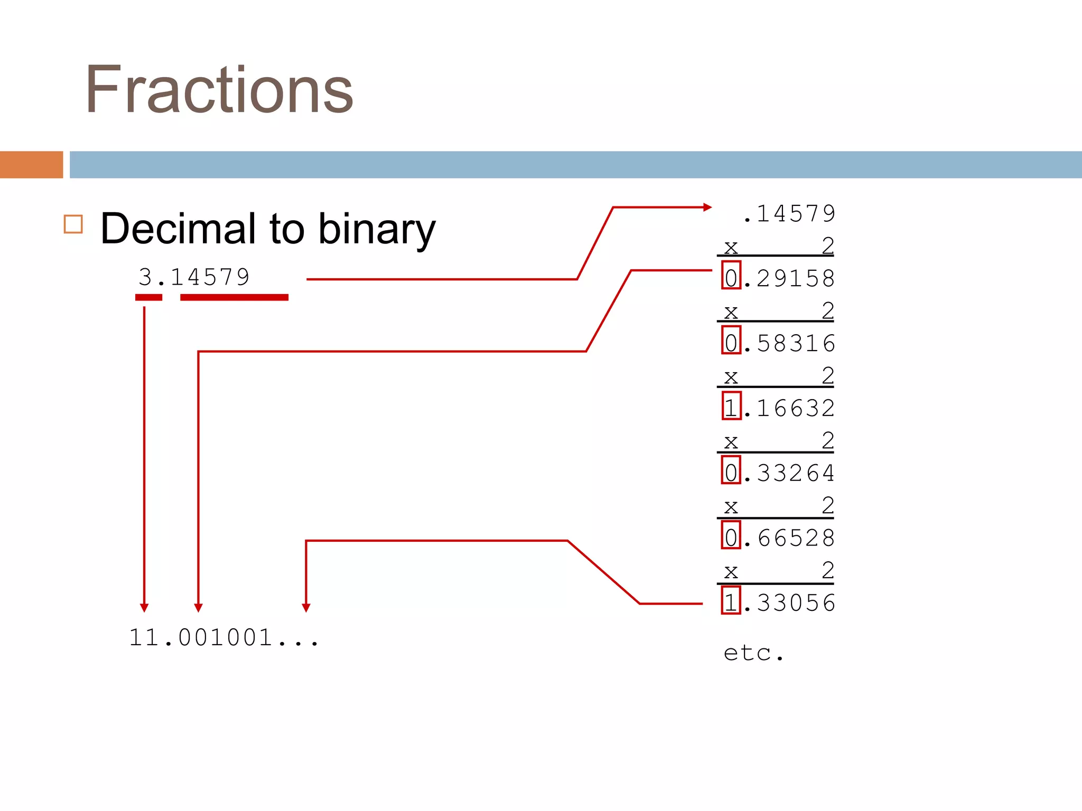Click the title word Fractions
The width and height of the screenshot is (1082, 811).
(219, 90)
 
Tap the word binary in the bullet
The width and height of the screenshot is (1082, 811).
(377, 230)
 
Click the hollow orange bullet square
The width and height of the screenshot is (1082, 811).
(73, 224)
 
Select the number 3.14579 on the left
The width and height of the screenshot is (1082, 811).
(194, 277)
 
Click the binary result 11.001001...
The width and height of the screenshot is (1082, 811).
(224, 637)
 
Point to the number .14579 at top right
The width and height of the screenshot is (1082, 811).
(788, 214)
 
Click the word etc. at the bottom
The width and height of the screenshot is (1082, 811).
(753, 653)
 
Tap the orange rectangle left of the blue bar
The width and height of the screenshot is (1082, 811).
(31, 165)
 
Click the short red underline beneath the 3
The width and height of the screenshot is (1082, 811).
(148, 298)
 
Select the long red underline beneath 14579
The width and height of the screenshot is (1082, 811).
(234, 298)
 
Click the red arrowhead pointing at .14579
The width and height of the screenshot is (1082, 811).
(707, 208)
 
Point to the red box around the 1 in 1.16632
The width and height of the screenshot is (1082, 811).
(731, 406)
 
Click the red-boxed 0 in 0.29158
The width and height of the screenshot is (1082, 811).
(731, 276)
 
